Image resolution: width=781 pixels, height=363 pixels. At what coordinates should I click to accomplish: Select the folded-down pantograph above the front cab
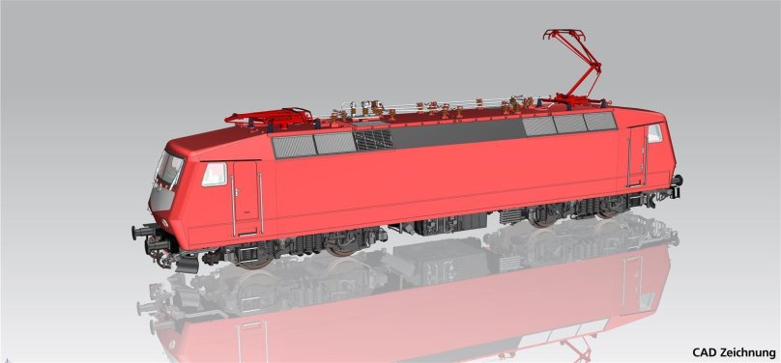click(x=269, y=117)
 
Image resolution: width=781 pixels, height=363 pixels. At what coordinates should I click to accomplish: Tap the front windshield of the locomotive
click(x=169, y=168)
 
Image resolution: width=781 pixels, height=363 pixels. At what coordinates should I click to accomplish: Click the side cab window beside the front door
click(x=215, y=175)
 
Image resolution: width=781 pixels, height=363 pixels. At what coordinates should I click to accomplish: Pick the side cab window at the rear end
click(x=654, y=133)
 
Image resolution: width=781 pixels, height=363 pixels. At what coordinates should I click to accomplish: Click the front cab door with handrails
click(x=246, y=198)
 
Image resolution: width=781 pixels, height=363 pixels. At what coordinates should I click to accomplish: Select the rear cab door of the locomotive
click(x=637, y=155)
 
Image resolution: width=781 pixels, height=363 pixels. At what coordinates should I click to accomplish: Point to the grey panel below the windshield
click(x=161, y=199)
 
